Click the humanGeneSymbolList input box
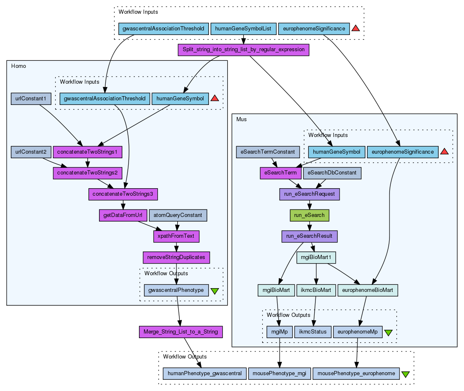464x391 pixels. pos(243,29)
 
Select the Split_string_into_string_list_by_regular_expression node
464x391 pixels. pos(243,50)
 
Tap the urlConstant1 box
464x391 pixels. pos(31,99)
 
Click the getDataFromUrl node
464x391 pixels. pos(123,215)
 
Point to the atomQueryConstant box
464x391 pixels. pos(178,215)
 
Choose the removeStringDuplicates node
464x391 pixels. pos(176,257)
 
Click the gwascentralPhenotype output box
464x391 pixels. pos(176,290)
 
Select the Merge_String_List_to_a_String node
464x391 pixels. pos(180,332)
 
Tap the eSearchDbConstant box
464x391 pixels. pos(332,173)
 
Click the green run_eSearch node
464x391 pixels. pos(309,215)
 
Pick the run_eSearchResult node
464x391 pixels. pos(309,236)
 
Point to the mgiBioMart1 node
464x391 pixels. pos(316,257)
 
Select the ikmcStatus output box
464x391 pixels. pos(313,332)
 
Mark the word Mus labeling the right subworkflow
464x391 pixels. pos(241,119)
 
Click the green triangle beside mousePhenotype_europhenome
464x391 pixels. pos(405,374)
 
